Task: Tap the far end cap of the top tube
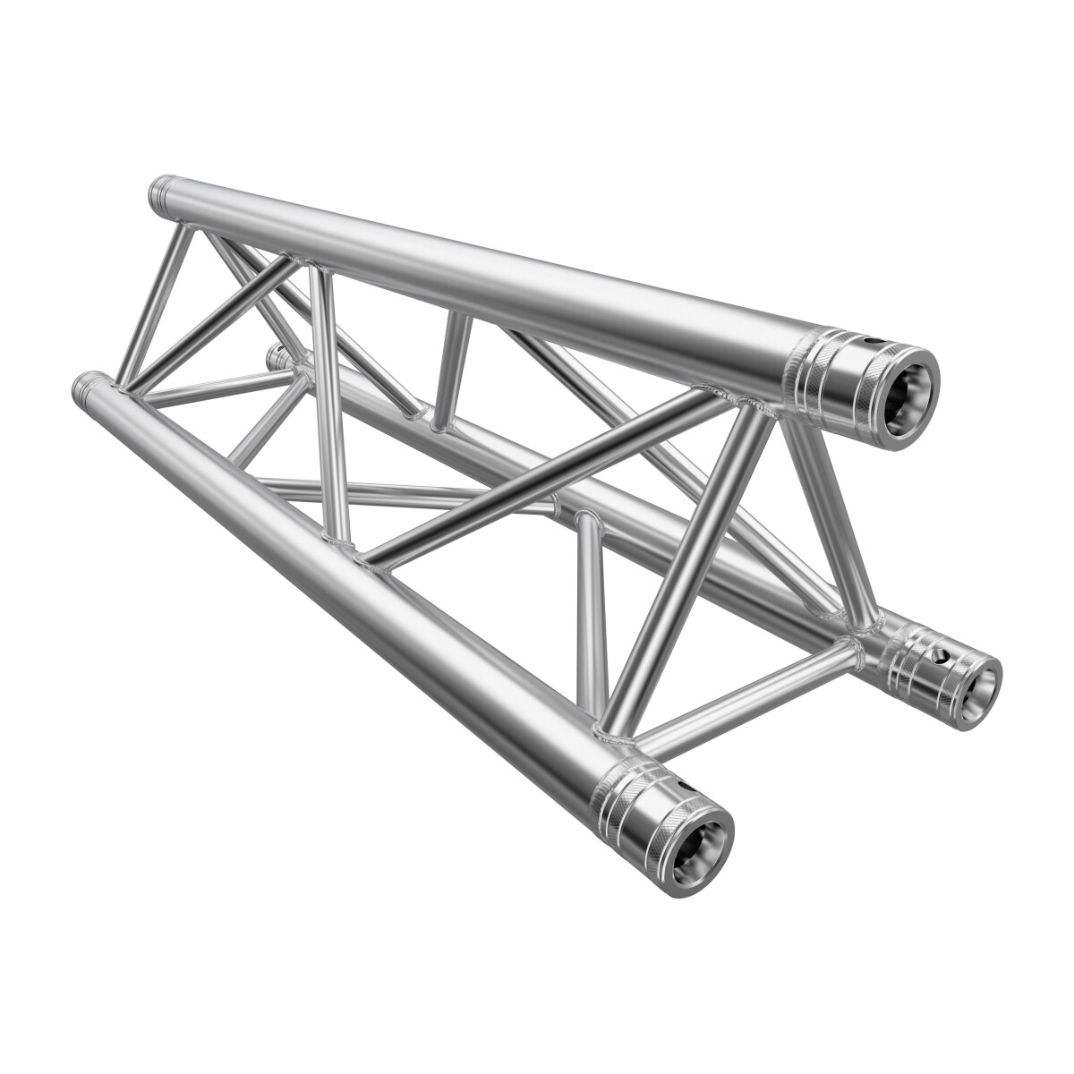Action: (x=160, y=190)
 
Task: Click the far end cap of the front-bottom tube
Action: (x=85, y=386)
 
